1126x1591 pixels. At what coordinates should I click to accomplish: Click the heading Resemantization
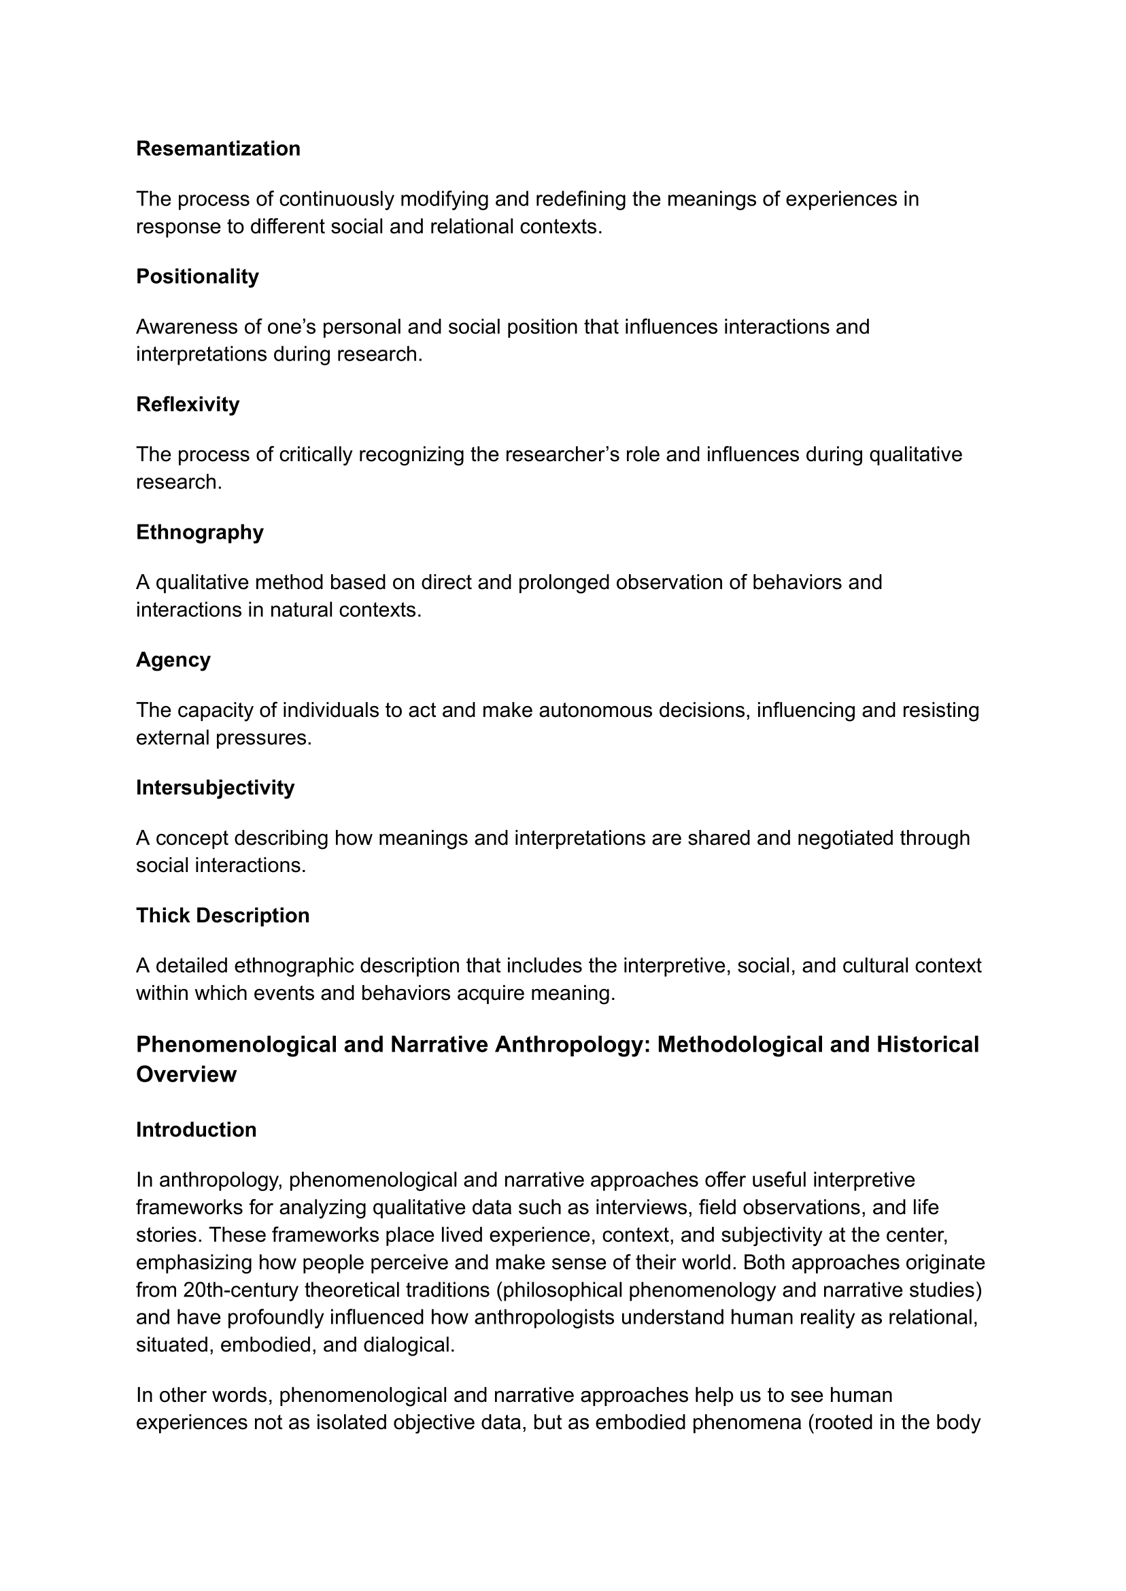click(218, 148)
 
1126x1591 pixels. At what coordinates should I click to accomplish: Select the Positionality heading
click(197, 276)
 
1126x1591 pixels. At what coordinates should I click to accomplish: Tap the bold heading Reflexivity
click(187, 403)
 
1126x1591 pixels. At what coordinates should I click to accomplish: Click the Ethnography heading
click(200, 532)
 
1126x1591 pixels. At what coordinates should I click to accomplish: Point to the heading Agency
click(173, 660)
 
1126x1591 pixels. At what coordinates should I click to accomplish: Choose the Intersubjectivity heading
click(215, 787)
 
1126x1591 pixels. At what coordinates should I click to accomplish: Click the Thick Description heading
click(222, 916)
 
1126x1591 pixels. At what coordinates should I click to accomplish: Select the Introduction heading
click(197, 1130)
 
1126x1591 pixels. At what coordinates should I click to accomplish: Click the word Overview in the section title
click(186, 1074)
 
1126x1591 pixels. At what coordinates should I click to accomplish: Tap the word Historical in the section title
click(927, 1045)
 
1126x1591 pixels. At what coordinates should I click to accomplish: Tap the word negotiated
click(845, 838)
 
